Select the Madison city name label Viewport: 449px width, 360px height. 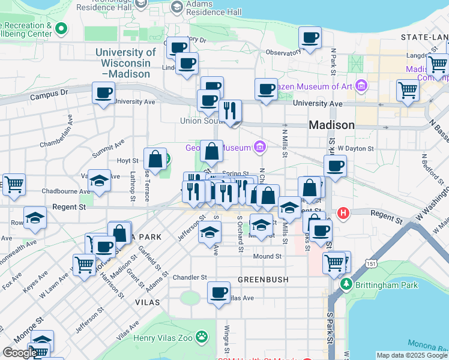(331, 125)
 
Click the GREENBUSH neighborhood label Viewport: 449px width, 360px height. (263, 280)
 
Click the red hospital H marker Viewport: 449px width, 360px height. (343, 213)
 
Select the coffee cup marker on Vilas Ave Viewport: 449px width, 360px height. (218, 293)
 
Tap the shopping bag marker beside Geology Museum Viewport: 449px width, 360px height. (212, 151)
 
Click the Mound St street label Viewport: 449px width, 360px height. (267, 256)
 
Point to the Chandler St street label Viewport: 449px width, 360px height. (190, 278)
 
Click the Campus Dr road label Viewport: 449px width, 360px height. (50, 94)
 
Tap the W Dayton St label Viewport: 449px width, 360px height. (355, 148)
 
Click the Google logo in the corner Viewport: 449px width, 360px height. (20, 353)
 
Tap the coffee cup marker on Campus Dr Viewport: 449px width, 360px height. (103, 93)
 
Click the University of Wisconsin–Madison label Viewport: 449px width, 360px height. (125, 63)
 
